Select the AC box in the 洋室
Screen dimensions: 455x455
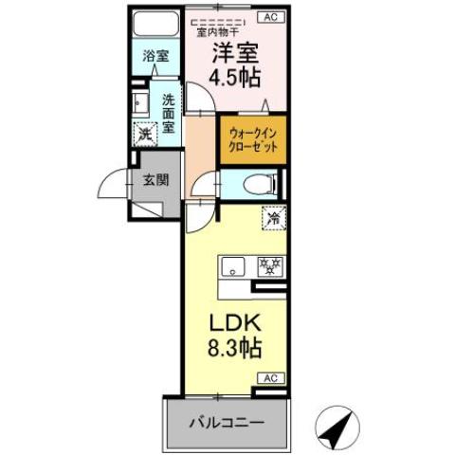click(270, 17)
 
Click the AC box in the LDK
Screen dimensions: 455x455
click(270, 377)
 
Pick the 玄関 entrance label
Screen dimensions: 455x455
click(155, 179)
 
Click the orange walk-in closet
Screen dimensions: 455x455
click(252, 144)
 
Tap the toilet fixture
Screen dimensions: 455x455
click(256, 184)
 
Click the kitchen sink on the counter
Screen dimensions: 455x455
click(233, 267)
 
